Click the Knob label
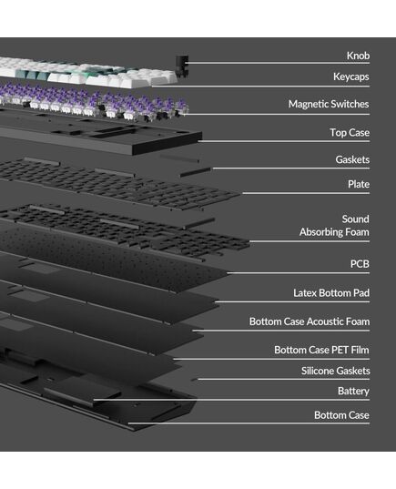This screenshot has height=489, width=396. point(358,56)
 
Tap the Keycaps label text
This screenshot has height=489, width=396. point(350,76)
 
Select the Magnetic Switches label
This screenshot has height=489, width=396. point(329,104)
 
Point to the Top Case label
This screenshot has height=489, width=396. point(350,133)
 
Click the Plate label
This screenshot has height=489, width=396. point(359,184)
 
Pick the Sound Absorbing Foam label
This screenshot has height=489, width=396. point(334,226)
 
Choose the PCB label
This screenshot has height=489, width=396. point(360,264)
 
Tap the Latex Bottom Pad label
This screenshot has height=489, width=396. point(331,293)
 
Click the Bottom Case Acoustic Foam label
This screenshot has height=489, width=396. point(310,321)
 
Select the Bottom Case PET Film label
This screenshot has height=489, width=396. point(321,350)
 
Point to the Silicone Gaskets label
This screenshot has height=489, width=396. point(336,371)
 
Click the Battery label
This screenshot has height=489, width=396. point(353,391)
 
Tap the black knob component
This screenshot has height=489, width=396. point(182,66)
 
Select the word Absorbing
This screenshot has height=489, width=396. point(317,232)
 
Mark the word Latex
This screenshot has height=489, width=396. point(304,293)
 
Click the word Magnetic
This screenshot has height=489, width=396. point(307,104)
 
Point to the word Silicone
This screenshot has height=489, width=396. point(317,371)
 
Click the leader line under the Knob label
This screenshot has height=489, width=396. point(278,63)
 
